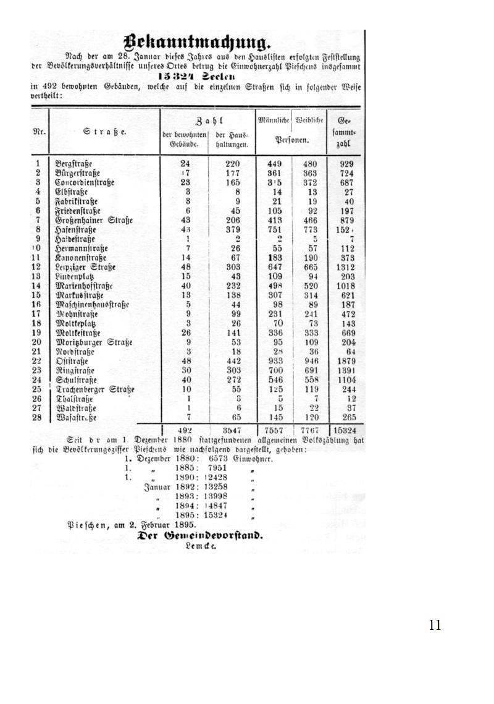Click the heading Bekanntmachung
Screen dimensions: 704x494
pos(197,43)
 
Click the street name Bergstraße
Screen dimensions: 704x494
pos(73,164)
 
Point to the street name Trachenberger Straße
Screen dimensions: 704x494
pos(94,389)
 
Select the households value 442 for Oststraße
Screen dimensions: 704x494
pos(232,361)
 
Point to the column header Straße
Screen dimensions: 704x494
pos(104,132)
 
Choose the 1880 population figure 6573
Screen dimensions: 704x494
pos(219,459)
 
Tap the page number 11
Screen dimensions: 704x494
pos(435,626)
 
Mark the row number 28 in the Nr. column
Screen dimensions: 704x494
pos(38,418)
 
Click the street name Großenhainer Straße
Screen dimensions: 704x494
pos(93,220)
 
